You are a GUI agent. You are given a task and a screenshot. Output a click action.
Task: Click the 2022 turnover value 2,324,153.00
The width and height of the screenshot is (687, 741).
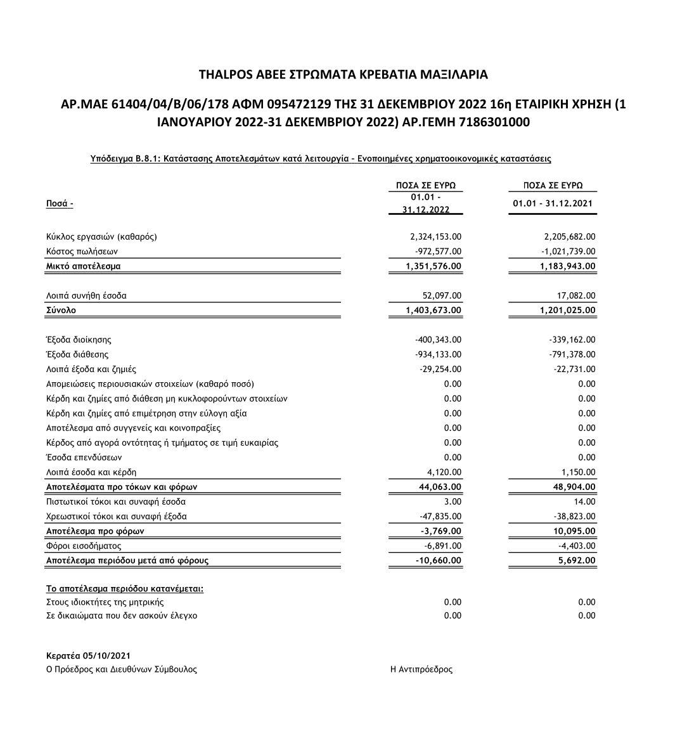436,237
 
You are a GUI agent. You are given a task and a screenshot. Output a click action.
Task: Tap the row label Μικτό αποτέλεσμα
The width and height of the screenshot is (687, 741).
83,266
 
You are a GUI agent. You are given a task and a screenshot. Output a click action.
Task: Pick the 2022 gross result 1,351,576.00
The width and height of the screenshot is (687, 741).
433,266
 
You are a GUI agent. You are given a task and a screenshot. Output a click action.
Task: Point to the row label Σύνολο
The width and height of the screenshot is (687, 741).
61,311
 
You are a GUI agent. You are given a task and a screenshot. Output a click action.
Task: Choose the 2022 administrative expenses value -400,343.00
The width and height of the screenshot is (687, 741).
438,340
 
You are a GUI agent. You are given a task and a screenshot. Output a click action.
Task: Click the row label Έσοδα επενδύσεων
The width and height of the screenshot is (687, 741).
84,457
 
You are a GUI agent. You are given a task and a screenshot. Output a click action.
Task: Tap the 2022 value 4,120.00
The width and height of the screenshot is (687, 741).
444,472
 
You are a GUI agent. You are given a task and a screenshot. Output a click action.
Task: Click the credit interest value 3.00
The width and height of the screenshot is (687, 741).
453,501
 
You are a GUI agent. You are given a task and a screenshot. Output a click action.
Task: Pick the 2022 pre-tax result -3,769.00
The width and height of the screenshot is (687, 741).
440,531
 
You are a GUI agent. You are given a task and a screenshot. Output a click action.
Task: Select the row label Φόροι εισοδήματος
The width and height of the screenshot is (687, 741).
83,546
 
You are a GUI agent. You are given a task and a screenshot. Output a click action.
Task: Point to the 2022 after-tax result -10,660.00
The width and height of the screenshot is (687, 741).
438,560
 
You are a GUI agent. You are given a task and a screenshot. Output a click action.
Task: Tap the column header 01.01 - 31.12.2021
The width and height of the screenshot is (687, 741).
553,203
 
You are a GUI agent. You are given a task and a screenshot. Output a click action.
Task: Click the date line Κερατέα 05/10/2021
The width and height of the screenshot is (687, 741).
88,655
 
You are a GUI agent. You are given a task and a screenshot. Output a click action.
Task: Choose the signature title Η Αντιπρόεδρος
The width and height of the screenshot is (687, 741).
421,669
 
